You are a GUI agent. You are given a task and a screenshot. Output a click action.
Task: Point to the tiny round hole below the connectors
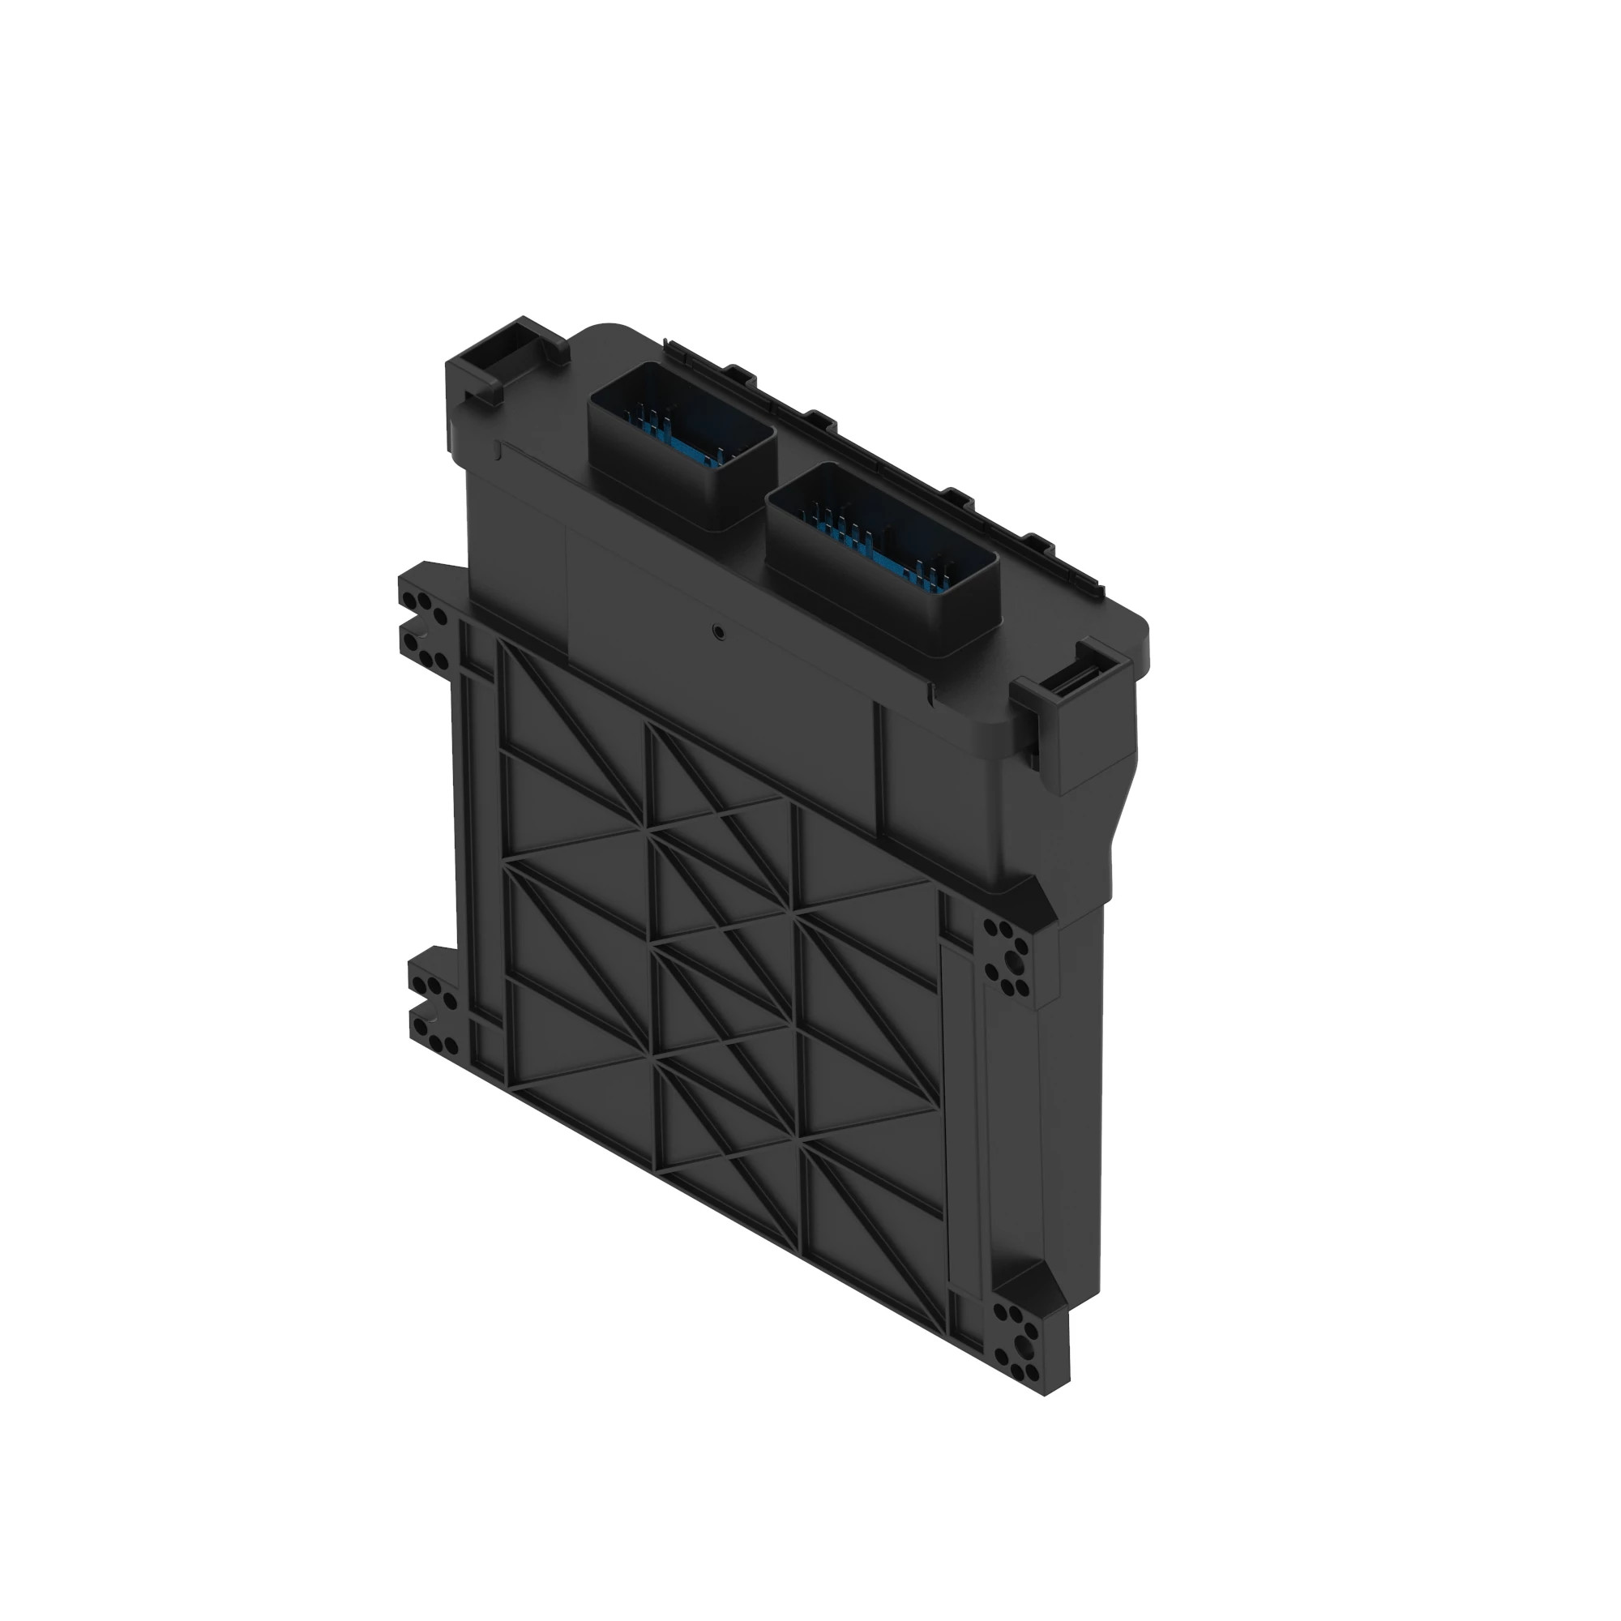pyautogui.click(x=718, y=630)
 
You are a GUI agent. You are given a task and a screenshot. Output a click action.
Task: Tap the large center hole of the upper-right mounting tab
pyautogui.click(x=1017, y=956)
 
